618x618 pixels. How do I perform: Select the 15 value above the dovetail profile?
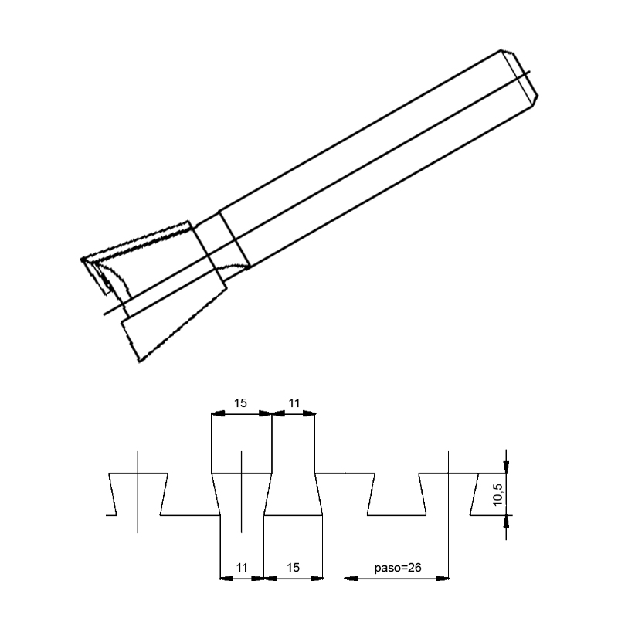click(x=241, y=402)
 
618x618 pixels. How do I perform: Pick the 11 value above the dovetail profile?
click(x=294, y=402)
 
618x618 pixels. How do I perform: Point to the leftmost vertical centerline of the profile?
click(x=138, y=491)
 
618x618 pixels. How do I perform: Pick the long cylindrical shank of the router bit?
click(x=371, y=154)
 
